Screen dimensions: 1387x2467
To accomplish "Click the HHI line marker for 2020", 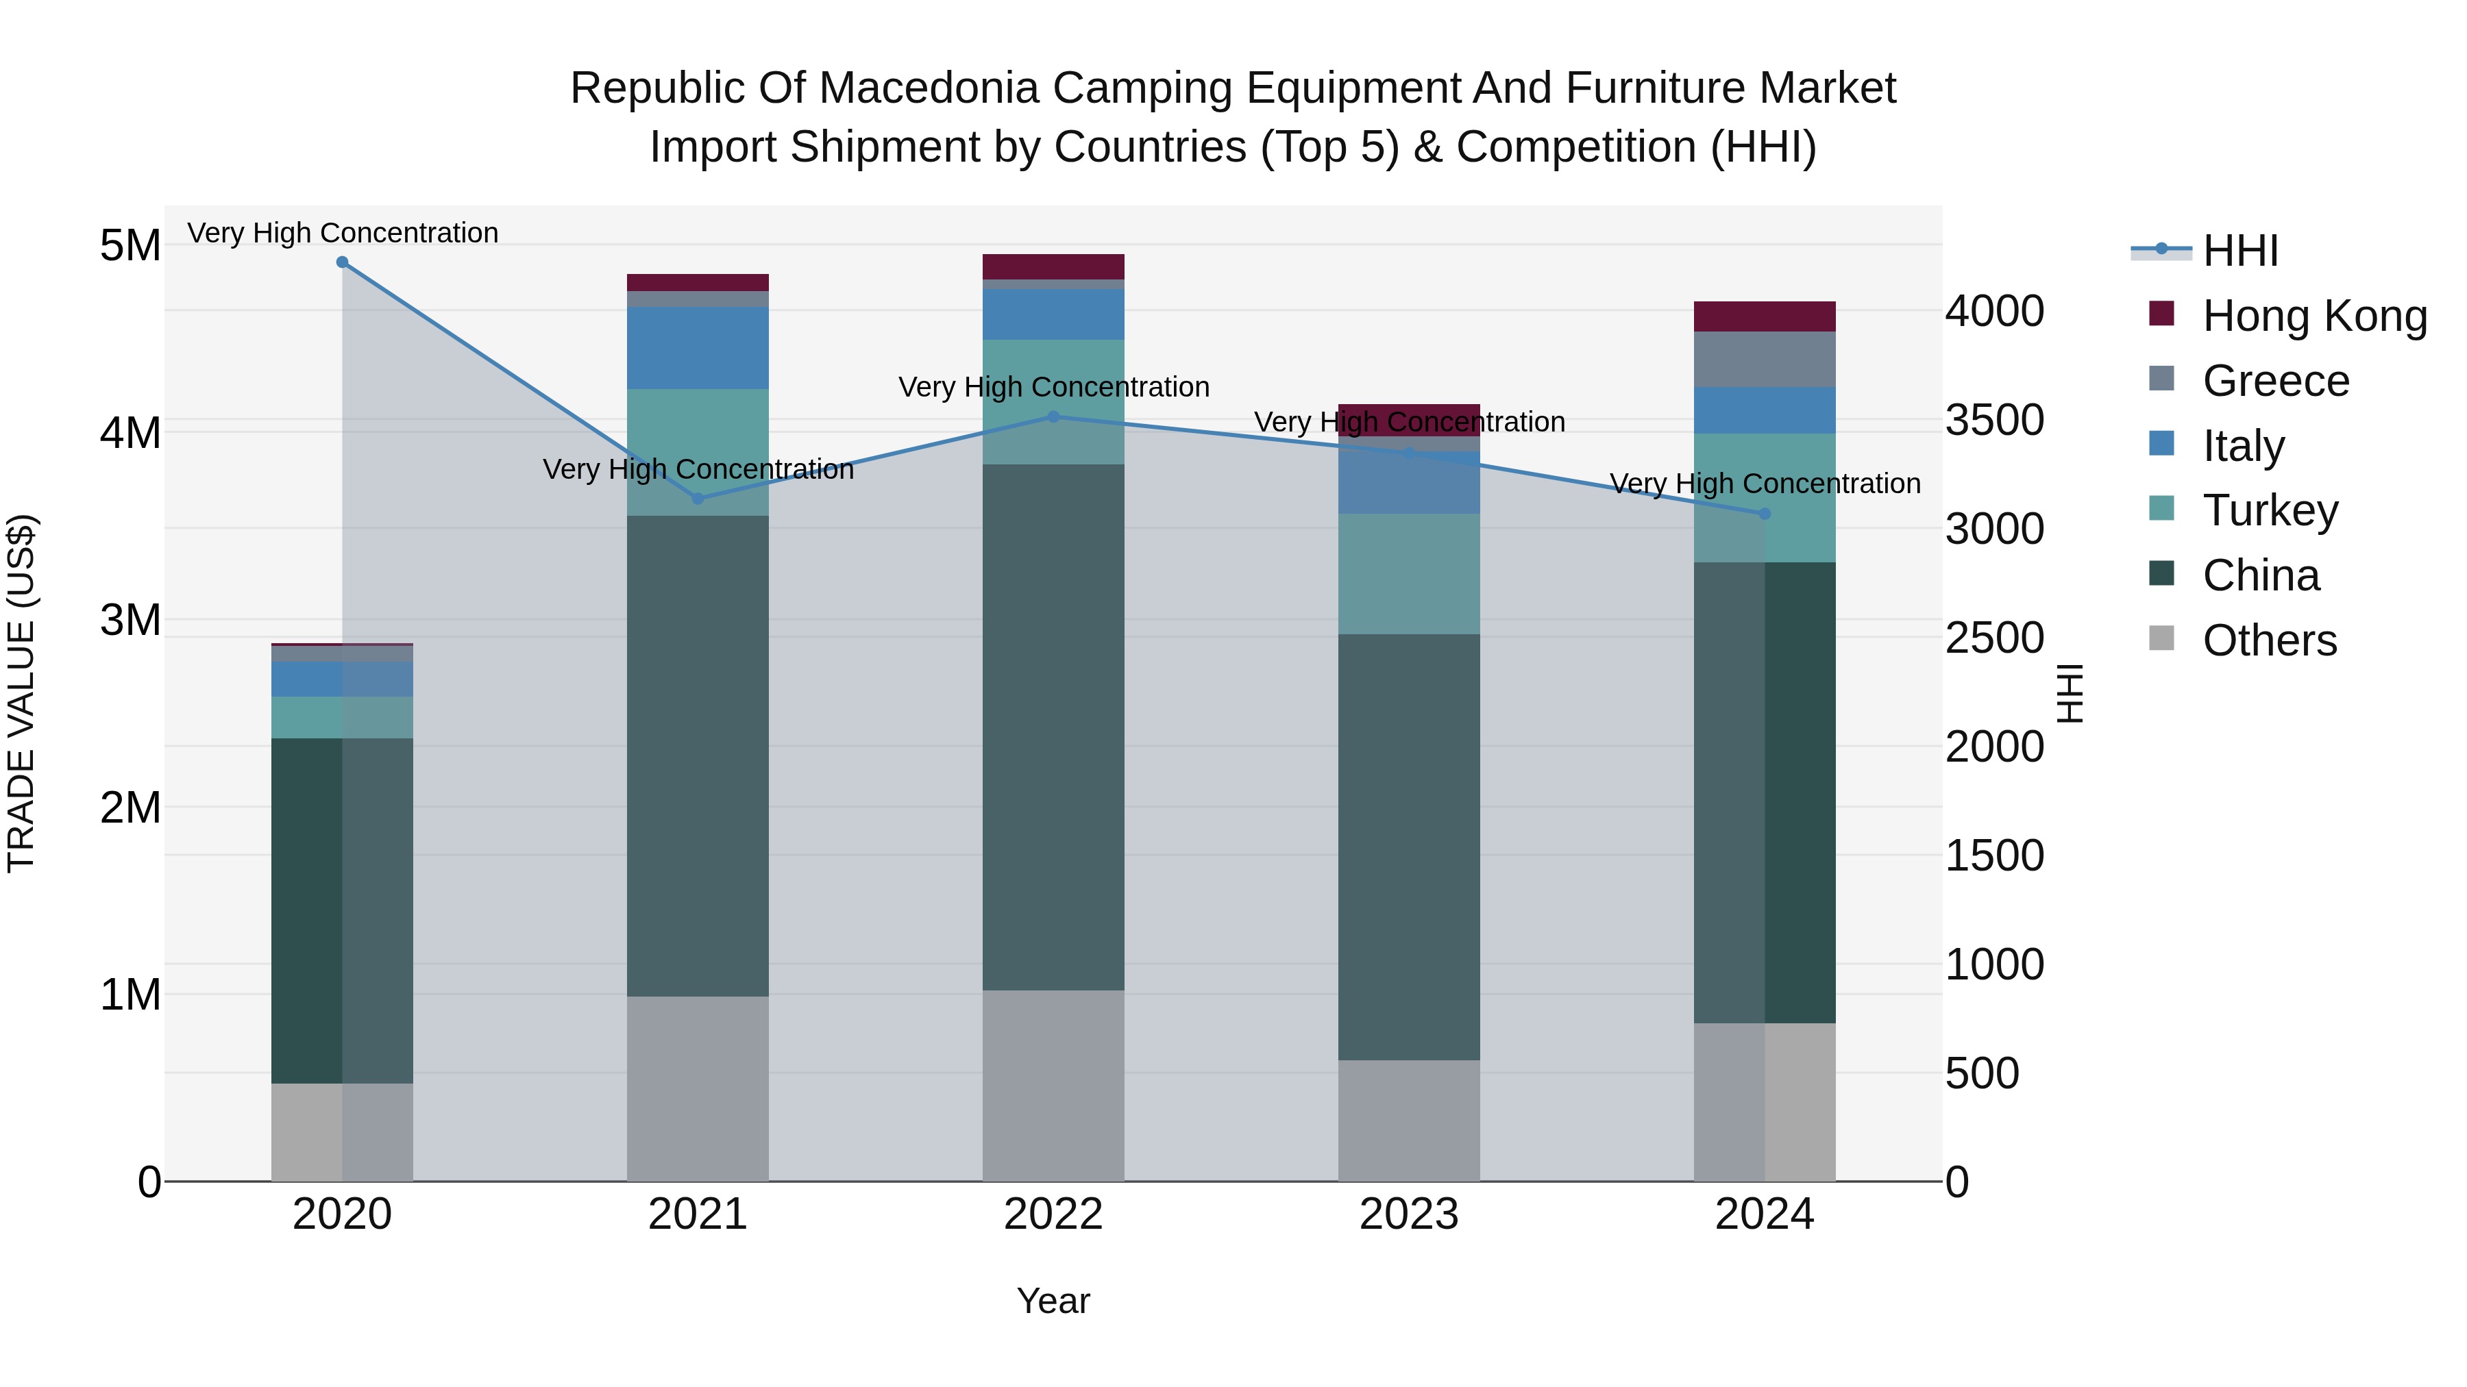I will (342, 262).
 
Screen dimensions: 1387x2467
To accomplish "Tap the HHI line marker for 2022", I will (1053, 416).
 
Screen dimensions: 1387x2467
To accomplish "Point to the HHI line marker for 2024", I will (1765, 514).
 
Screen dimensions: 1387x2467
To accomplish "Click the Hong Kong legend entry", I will (2313, 316).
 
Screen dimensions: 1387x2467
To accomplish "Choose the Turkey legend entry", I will (2270, 510).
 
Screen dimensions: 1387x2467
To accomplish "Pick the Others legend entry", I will (2269, 640).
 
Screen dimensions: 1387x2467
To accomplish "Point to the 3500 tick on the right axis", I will (1994, 421).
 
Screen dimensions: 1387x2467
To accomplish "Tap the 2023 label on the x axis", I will (1409, 1214).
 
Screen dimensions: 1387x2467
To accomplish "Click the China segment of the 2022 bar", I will (1053, 727).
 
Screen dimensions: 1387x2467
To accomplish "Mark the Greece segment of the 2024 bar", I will (1765, 359).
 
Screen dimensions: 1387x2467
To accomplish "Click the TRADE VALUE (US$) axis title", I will (21, 693).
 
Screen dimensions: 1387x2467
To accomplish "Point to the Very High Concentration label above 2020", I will (342, 233).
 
